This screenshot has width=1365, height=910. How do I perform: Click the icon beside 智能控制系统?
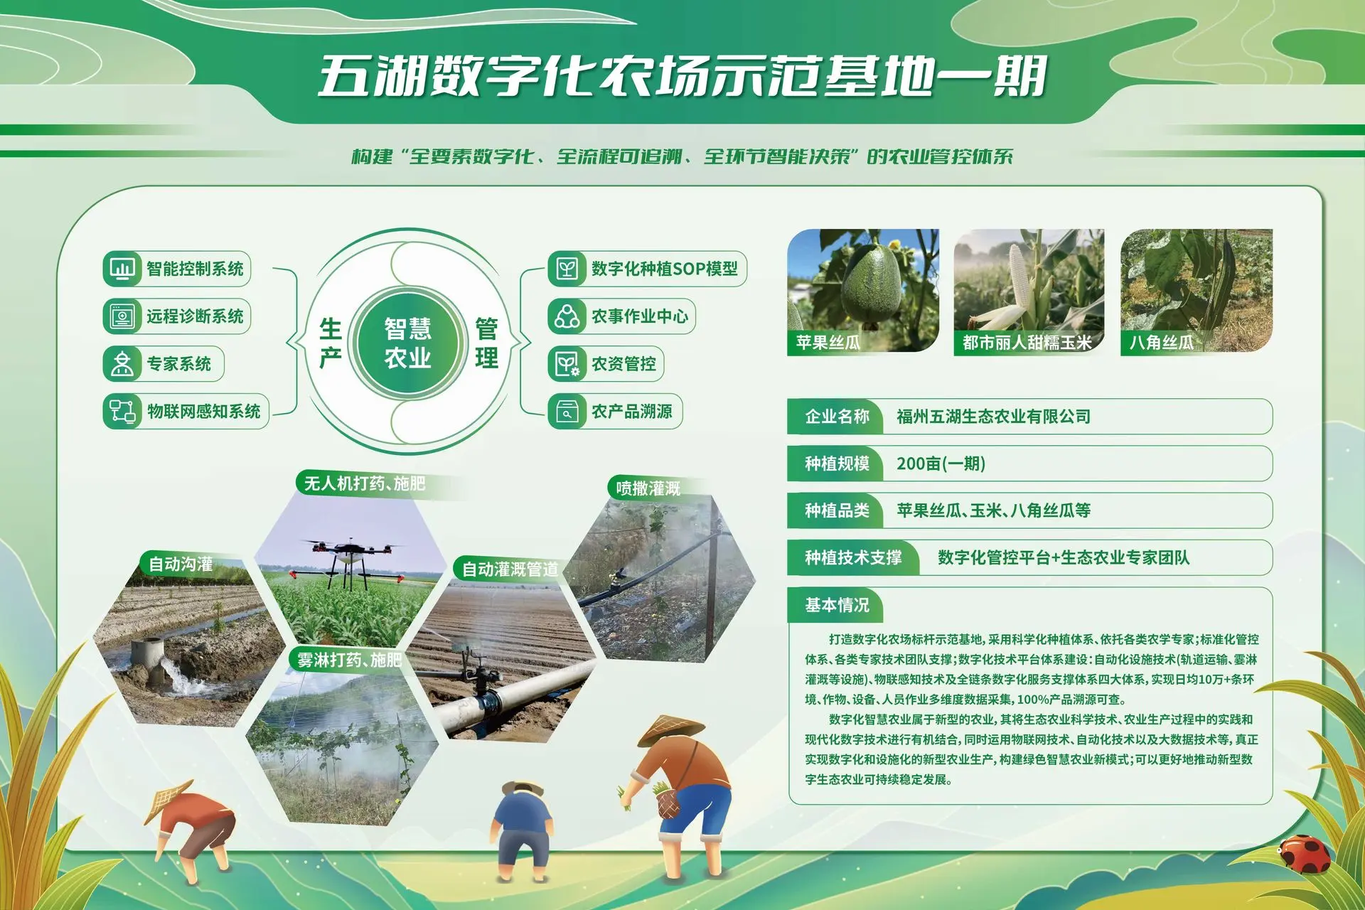(x=122, y=269)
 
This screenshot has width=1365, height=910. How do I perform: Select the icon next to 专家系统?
(x=122, y=364)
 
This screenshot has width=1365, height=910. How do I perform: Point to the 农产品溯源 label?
(x=632, y=412)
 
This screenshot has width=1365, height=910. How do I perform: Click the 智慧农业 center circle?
(x=408, y=342)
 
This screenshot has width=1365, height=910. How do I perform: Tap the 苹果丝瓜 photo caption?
(x=828, y=343)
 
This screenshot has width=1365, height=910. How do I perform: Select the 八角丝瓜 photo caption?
(x=1162, y=343)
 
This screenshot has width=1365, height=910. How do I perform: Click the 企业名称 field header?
(x=837, y=417)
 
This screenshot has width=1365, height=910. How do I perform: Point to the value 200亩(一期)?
(x=941, y=464)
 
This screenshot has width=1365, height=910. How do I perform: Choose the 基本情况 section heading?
(x=837, y=605)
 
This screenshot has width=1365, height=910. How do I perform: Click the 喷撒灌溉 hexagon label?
(x=648, y=488)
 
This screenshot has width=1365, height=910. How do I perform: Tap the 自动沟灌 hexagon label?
(x=180, y=564)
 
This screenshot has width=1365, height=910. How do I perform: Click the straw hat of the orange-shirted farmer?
(x=670, y=729)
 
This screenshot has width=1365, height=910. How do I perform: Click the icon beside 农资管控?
(x=567, y=364)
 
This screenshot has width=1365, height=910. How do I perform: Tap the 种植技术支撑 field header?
(x=853, y=557)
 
